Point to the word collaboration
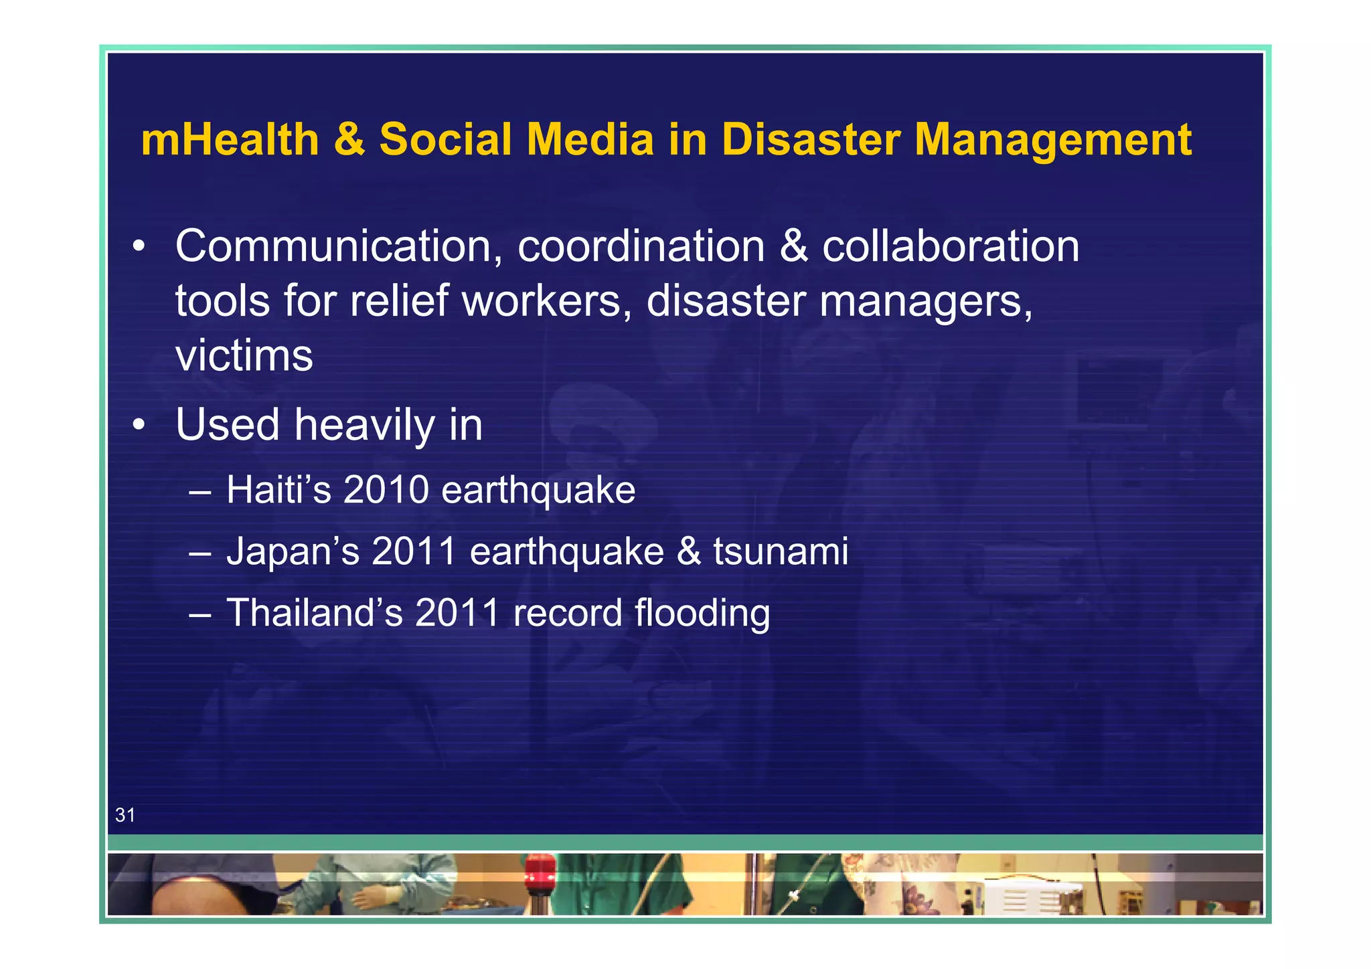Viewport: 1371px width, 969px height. click(x=951, y=246)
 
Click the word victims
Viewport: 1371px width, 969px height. click(x=244, y=355)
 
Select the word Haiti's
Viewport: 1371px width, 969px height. click(x=278, y=489)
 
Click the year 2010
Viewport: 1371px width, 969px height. click(x=386, y=489)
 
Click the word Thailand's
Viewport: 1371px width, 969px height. click(x=315, y=612)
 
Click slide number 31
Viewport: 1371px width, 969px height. click(x=125, y=814)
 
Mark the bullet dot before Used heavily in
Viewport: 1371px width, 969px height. click(x=139, y=425)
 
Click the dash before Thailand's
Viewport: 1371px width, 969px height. click(x=200, y=613)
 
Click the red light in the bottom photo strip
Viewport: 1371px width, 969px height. click(x=540, y=873)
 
